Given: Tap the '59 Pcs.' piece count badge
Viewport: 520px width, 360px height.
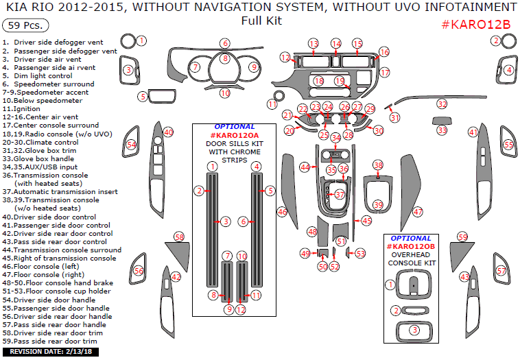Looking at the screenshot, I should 25,26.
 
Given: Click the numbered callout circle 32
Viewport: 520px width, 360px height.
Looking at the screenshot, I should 442,104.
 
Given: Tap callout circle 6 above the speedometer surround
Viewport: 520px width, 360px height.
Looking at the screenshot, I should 225,44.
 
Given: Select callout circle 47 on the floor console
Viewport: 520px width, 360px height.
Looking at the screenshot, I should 418,213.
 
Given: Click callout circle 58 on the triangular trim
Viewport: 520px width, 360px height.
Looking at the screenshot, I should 180,237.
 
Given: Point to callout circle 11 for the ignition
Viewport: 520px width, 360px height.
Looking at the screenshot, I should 272,104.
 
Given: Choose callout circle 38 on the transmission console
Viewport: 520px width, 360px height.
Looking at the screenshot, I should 377,165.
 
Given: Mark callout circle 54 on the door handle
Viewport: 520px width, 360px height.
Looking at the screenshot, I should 131,145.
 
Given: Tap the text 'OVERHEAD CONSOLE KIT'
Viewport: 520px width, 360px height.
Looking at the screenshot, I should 412,258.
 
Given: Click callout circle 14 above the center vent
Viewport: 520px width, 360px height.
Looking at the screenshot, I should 335,44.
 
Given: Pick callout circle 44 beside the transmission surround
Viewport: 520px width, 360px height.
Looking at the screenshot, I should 305,167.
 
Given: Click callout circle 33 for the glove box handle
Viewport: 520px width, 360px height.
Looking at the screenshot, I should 442,130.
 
